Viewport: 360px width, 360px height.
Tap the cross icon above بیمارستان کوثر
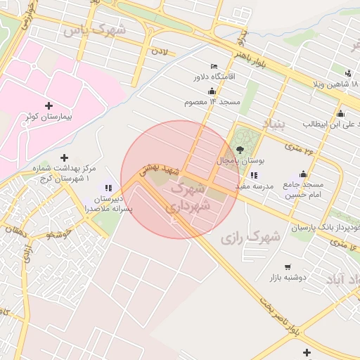pos(49,105)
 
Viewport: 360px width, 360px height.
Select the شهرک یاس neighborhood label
pos(94,30)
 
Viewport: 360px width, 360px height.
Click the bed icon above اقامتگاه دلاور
pos(214,65)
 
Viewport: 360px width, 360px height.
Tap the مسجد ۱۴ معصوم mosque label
pos(213,103)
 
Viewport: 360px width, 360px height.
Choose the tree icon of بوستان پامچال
pos(240,150)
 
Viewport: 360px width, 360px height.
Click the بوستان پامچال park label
pos(241,161)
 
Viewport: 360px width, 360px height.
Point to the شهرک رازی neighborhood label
pos(250,238)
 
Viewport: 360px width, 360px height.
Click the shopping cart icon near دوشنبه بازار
pos(288,266)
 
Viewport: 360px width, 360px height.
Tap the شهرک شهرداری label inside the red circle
pos(188,197)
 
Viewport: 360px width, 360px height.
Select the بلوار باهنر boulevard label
pos(251,49)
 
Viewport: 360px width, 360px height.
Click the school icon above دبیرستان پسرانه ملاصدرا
pos(108,188)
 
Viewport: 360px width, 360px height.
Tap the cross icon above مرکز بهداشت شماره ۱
pos(65,158)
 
